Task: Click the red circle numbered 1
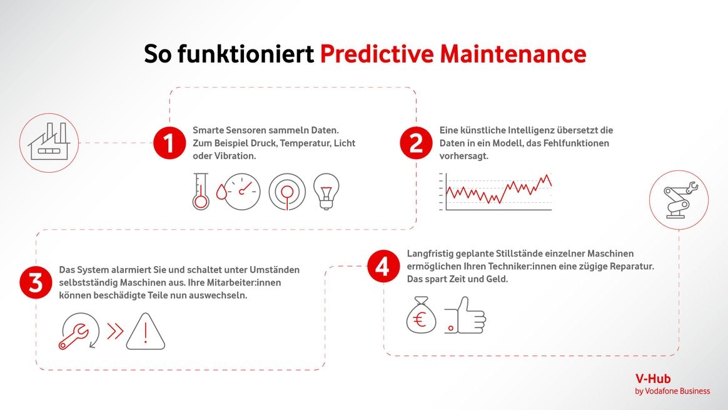169,143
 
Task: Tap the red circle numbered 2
416,143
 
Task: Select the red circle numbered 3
36,283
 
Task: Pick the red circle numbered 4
383,267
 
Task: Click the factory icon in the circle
49,142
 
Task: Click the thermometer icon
201,191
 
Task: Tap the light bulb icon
326,191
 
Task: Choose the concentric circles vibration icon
287,192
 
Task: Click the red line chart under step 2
499,189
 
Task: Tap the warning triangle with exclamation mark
145,331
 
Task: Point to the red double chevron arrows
116,331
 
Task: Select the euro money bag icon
421,315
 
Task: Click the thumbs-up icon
465,315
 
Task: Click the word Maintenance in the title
513,53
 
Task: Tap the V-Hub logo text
653,379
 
